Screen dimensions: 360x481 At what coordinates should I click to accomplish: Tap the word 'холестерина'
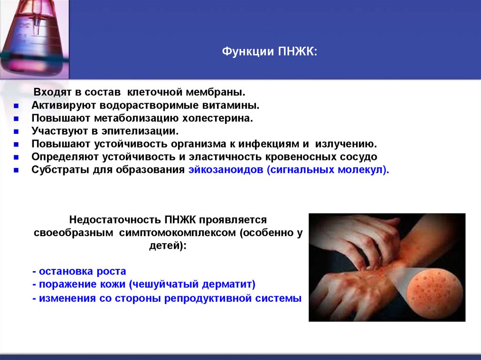tap(224, 118)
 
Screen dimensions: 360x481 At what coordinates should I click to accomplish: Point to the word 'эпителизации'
tap(150, 131)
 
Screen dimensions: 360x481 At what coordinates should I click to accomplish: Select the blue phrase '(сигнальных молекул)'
tap(328, 170)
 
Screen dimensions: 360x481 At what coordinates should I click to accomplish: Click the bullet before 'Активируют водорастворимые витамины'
tap(16, 106)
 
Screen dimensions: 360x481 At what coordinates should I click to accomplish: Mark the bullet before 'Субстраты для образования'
tap(16, 170)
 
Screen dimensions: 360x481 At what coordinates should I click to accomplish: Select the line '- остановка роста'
tap(79, 271)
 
